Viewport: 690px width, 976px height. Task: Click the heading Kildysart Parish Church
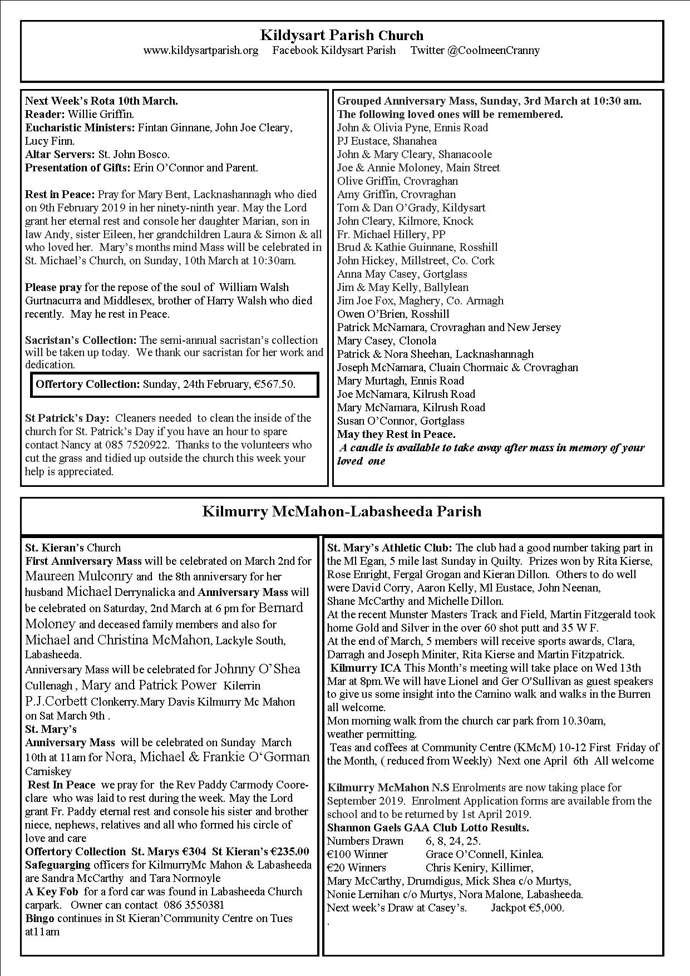tap(342, 36)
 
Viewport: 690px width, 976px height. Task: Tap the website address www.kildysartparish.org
tap(201, 51)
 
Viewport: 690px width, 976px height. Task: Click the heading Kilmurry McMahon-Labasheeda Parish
tap(342, 511)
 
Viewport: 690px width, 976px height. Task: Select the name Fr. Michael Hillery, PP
tap(391, 234)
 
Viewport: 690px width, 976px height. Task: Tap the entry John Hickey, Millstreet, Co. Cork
tap(416, 261)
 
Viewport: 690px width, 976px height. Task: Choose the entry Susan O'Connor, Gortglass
tap(401, 421)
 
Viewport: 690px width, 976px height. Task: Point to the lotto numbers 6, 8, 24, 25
tap(454, 841)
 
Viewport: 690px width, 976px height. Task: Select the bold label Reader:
tap(45, 115)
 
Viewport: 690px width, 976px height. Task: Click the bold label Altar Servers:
tap(60, 155)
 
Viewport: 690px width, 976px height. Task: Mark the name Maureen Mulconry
tap(79, 576)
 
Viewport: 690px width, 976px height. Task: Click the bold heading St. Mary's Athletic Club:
tap(390, 548)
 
